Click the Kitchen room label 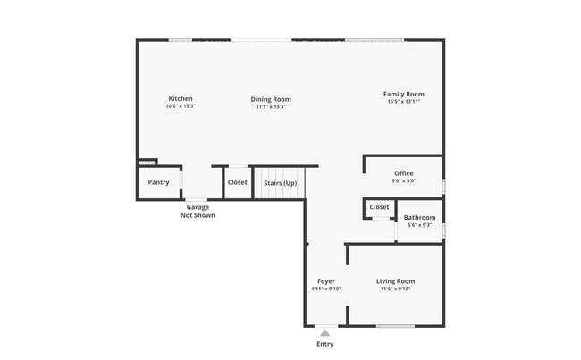coord(181,98)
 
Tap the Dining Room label coord(270,99)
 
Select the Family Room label coord(403,94)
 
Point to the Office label coord(403,173)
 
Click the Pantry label coord(158,182)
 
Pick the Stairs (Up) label coord(280,183)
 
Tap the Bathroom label coord(419,217)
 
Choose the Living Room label coord(395,281)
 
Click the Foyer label coord(325,281)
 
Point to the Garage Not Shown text coord(198,211)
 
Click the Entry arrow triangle coord(325,333)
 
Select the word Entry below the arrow coord(325,344)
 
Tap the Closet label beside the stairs coord(237,182)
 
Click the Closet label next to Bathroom coord(379,207)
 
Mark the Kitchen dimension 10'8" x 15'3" coord(181,106)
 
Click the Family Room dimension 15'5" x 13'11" coord(403,102)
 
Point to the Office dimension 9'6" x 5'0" coord(403,181)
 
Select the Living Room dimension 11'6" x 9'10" coord(395,289)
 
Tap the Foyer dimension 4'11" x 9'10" coord(325,289)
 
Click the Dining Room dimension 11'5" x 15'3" coord(270,107)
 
